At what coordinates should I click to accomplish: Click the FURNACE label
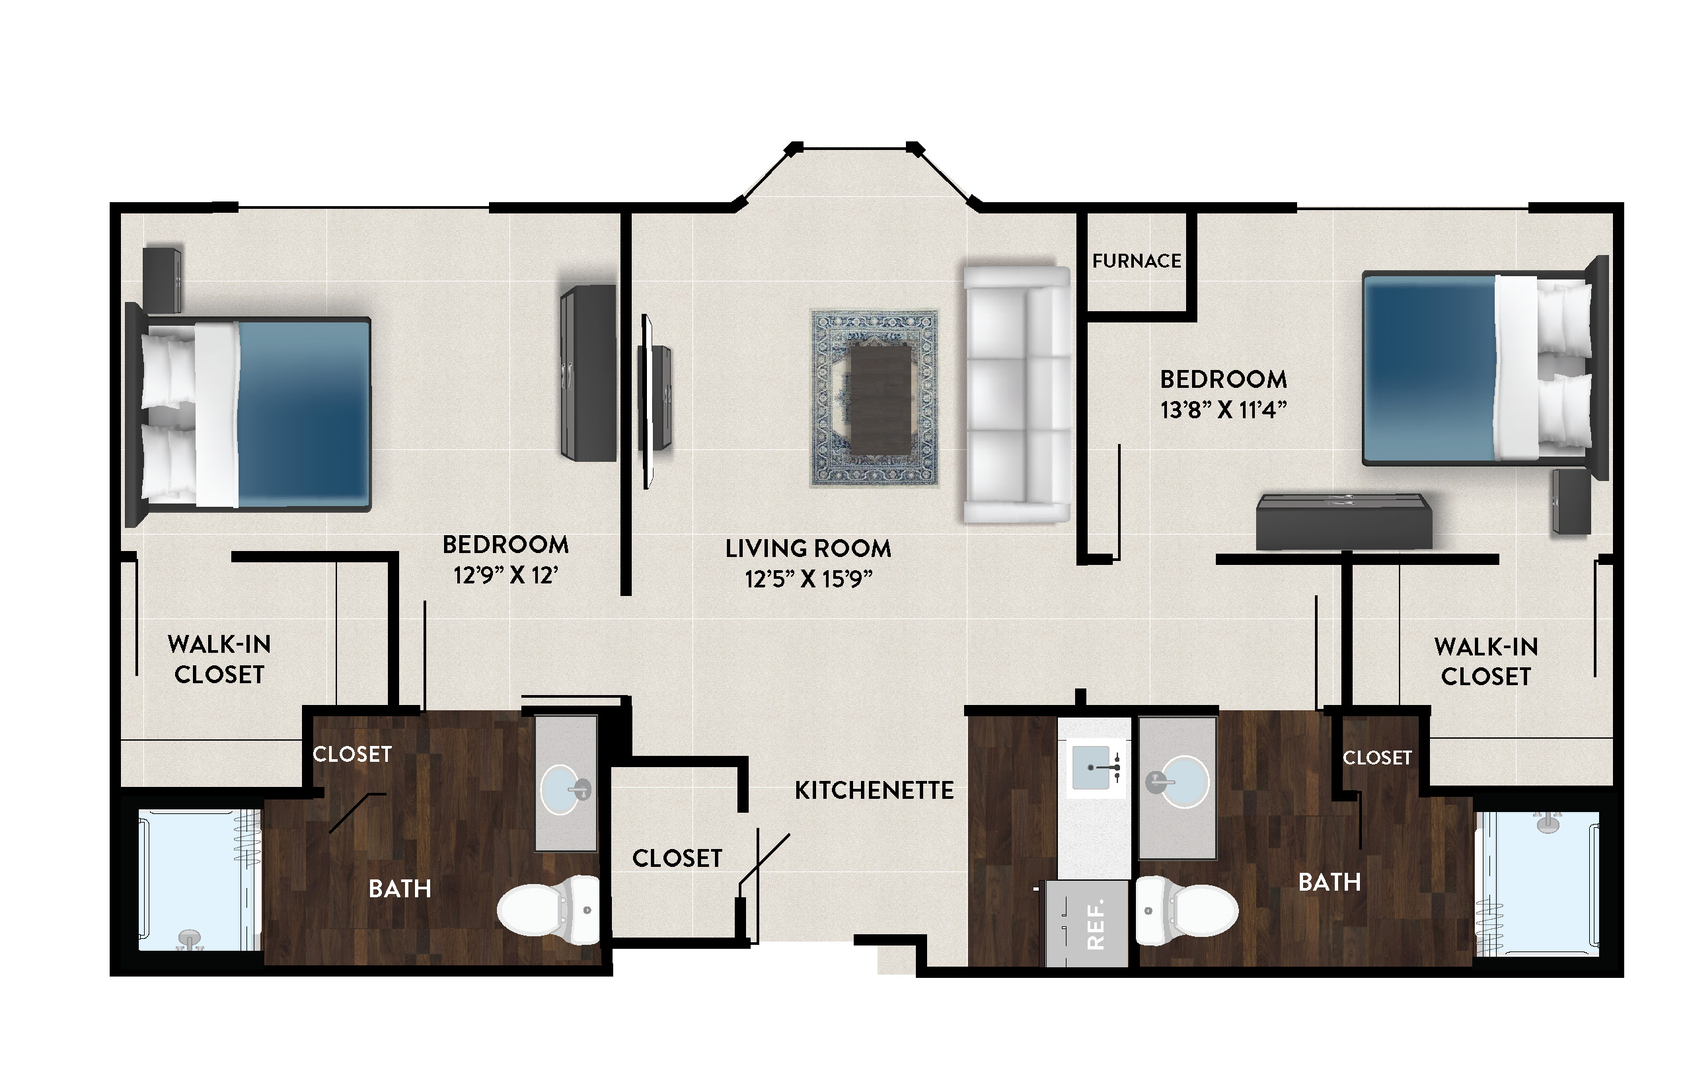tap(1137, 261)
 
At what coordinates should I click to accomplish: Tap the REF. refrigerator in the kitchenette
tap(1087, 923)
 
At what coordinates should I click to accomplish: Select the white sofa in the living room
tap(1017, 394)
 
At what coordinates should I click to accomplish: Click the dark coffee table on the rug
tap(881, 399)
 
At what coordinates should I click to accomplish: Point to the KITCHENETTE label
tap(874, 791)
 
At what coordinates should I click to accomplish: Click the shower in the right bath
tap(1536, 883)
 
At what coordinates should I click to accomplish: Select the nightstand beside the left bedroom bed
tap(163, 280)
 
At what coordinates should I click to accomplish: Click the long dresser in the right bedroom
tap(1343, 522)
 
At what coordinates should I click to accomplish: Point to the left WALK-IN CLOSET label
tap(219, 659)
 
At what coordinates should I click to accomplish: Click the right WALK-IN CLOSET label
tap(1486, 661)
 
